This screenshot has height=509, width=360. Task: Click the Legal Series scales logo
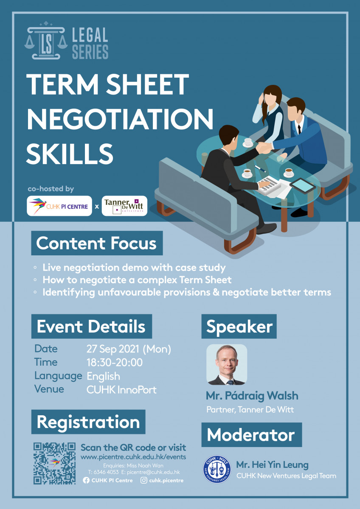(46, 40)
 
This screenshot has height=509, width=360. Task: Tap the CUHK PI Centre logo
(59, 206)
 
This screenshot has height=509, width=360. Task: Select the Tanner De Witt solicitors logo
(124, 206)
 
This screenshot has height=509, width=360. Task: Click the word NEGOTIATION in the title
(120, 119)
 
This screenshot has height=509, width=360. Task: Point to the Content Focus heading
(97, 243)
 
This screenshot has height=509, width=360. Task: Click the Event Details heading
(91, 326)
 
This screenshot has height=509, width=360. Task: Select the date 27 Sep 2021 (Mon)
(129, 349)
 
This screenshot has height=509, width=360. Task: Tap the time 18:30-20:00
(114, 362)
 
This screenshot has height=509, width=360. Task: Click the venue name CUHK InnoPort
(121, 390)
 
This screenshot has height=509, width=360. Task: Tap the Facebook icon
(86, 480)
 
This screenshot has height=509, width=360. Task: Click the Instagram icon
(144, 480)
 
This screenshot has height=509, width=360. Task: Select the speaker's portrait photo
(227, 364)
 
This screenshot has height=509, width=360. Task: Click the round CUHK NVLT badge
(217, 469)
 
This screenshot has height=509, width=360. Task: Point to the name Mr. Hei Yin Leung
(272, 465)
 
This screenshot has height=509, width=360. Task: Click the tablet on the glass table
(302, 185)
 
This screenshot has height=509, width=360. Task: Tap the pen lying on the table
(260, 168)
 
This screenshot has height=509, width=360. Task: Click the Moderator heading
(251, 435)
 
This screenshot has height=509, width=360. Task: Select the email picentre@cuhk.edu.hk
(153, 472)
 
